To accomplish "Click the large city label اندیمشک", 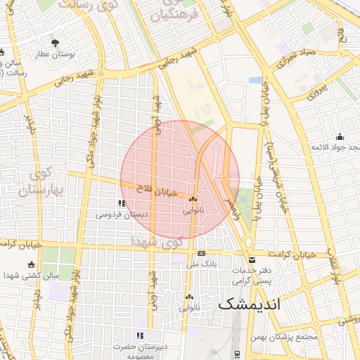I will click(x=249, y=304).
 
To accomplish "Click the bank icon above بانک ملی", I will click(x=202, y=253).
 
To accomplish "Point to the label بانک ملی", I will click(x=202, y=264).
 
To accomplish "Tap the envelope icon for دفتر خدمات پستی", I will click(x=252, y=260).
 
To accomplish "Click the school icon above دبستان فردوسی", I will click(x=122, y=204).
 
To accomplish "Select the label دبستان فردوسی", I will click(x=122, y=214).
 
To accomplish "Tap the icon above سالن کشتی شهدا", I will click(x=30, y=264).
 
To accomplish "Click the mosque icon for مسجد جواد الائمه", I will click(x=340, y=136).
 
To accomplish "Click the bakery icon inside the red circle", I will click(x=192, y=199).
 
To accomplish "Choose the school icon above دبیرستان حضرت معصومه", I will click(x=140, y=335).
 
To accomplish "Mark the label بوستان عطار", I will click(x=54, y=55).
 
